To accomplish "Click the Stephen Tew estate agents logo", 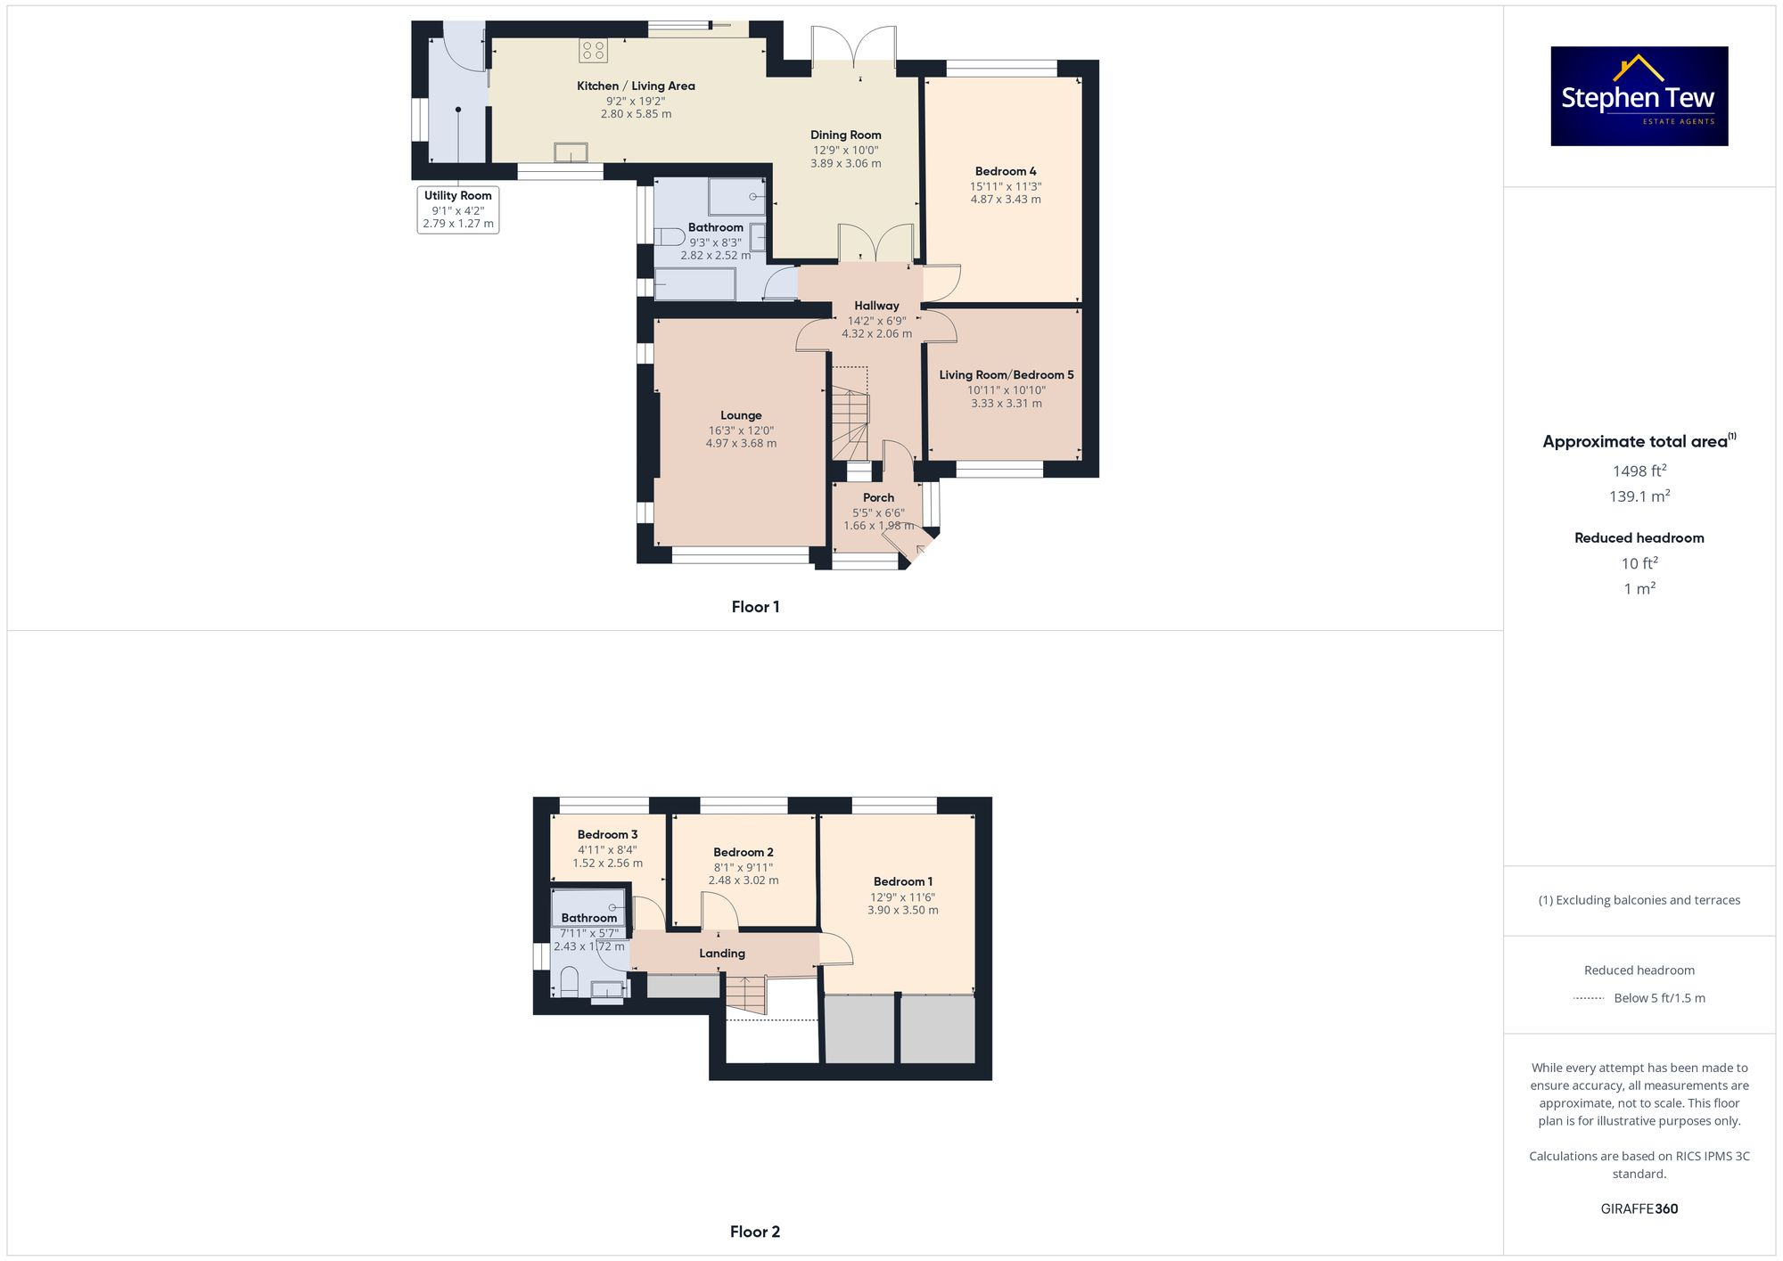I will (x=1639, y=96).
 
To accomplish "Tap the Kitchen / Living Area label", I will (x=636, y=86).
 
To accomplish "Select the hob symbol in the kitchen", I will (x=593, y=51).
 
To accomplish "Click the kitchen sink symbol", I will (x=571, y=153).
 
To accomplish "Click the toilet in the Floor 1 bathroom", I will (x=669, y=237).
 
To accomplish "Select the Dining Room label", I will (x=845, y=135).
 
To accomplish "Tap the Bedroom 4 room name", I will (x=1006, y=171).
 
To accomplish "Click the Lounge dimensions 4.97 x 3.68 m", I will (x=741, y=444).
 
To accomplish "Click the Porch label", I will (x=878, y=497).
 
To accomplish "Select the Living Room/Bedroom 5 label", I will (x=1007, y=375).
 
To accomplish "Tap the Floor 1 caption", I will (x=755, y=607).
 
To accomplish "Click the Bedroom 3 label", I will (x=607, y=835).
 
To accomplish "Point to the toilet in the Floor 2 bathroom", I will (x=569, y=983).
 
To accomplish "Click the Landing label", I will (x=722, y=954).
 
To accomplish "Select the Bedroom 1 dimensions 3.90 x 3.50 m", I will (x=902, y=911).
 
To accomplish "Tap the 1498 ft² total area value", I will (x=1639, y=471).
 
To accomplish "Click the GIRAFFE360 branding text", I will (x=1639, y=1209).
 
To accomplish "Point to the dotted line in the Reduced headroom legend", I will (x=1589, y=998).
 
